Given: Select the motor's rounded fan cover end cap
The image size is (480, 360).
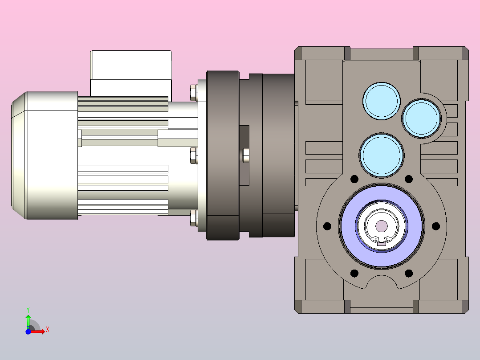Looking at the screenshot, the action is tap(45, 155).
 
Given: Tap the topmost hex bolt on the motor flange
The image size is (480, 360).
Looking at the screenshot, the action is tap(193, 93).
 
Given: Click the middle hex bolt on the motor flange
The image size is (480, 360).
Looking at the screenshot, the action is tap(193, 155).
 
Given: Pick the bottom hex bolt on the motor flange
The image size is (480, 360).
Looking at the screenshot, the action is tap(193, 218).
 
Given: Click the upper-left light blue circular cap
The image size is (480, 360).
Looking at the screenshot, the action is tap(382, 101).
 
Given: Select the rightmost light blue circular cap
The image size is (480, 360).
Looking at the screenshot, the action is tap(422, 118).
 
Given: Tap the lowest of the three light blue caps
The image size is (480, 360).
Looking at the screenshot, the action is tap(382, 155).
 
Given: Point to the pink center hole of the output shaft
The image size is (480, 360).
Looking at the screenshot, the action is tap(381, 226).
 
